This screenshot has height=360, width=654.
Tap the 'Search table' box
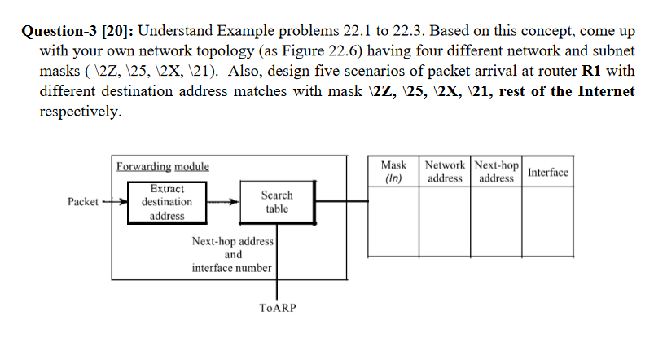(277, 201)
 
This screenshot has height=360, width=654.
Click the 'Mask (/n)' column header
(393, 171)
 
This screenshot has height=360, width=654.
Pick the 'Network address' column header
(445, 171)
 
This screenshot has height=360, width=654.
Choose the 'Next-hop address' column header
(497, 171)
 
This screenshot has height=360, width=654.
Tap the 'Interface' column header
(547, 172)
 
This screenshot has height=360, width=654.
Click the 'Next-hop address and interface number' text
(233, 254)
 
